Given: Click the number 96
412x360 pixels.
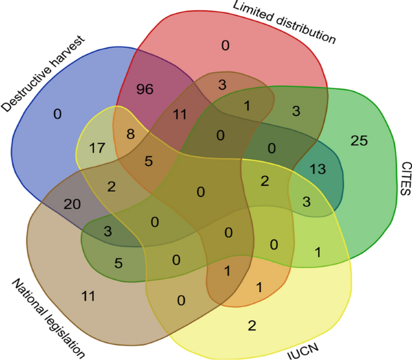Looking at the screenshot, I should coord(145,90).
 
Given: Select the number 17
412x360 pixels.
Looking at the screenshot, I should coord(97,147).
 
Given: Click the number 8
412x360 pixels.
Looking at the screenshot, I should coord(131,135).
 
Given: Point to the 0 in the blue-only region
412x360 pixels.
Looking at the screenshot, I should coord(58,113).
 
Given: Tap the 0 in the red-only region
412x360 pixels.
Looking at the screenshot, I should coord(225,45).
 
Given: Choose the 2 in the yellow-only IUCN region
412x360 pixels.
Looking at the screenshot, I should coord(252,326).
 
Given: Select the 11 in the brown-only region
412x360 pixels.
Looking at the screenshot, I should coord(88,295).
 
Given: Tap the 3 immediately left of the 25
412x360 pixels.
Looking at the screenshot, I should coord(297,110).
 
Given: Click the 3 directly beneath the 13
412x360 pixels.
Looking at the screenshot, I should coord(307,201).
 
